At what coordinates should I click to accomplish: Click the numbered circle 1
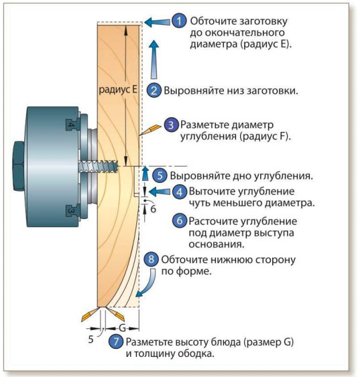click(x=179, y=21)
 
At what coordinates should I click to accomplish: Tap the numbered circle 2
click(x=154, y=90)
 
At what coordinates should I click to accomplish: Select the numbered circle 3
click(x=171, y=125)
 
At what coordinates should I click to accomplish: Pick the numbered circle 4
click(x=179, y=192)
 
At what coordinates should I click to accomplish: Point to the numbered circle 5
click(x=160, y=175)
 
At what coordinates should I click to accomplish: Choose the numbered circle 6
click(x=180, y=220)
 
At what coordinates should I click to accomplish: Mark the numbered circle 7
click(x=116, y=342)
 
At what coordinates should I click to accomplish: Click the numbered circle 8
click(x=151, y=259)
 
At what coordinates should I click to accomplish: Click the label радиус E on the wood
click(x=118, y=90)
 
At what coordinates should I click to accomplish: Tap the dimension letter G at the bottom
click(x=122, y=328)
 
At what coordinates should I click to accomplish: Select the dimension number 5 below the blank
click(x=91, y=340)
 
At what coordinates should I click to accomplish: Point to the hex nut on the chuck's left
click(x=19, y=166)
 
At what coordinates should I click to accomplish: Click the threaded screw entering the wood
click(x=98, y=166)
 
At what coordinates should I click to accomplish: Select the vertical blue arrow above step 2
click(x=154, y=60)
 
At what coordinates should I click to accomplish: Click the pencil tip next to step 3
click(x=141, y=135)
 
